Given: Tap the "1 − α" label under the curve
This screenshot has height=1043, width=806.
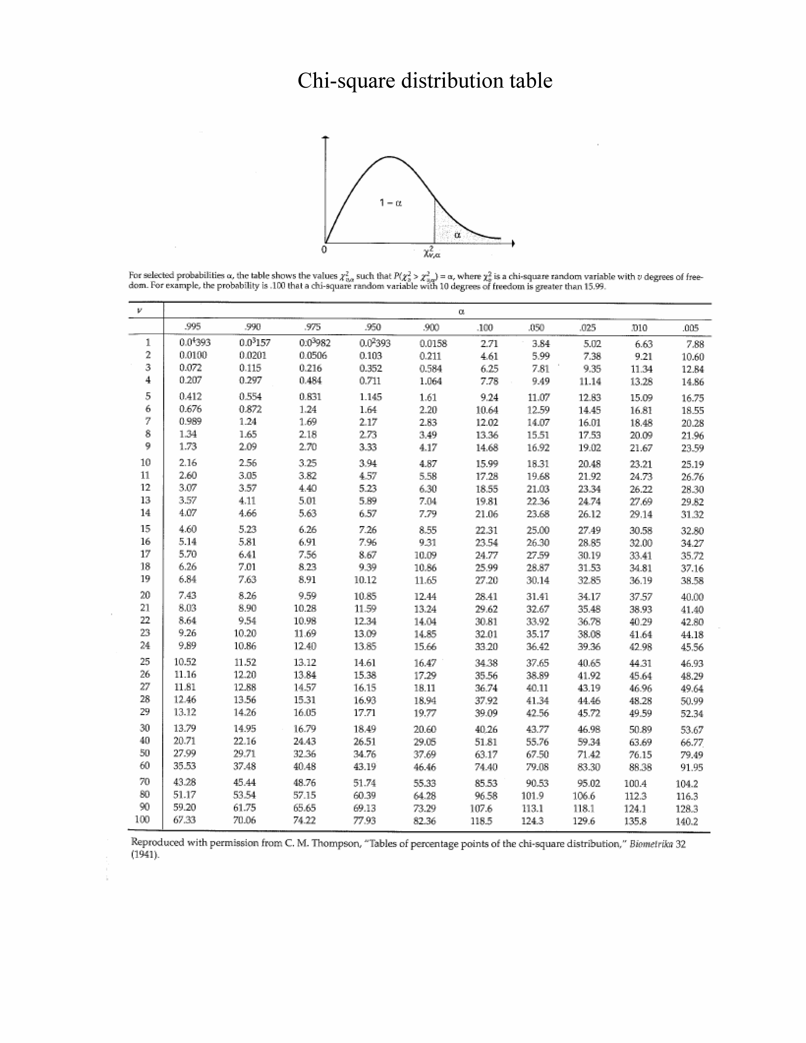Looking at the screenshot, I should pos(391,203).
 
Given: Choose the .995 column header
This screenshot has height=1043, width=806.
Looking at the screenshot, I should pos(192,327).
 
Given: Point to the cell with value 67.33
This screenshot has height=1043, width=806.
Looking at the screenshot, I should pos(185,820).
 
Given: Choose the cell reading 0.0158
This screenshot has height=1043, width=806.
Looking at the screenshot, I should pos(433,343).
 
